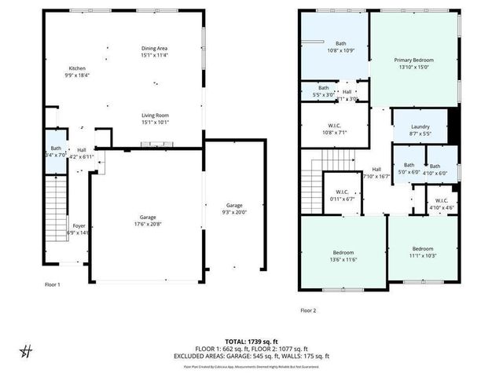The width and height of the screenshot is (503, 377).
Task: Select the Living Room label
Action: tap(154, 118)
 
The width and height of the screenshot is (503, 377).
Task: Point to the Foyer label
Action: tap(79, 229)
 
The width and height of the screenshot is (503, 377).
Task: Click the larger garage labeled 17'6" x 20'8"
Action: tap(147, 221)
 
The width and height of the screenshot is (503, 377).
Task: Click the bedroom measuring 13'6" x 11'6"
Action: tap(345, 256)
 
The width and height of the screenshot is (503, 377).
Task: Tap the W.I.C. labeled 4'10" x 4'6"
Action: tap(440, 203)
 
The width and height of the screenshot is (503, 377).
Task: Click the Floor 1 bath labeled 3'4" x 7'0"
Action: tap(56, 152)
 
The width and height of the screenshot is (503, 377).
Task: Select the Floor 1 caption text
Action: tap(53, 284)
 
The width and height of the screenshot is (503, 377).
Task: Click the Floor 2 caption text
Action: tap(308, 309)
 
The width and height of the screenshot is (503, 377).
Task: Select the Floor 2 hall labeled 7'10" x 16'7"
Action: tap(376, 173)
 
